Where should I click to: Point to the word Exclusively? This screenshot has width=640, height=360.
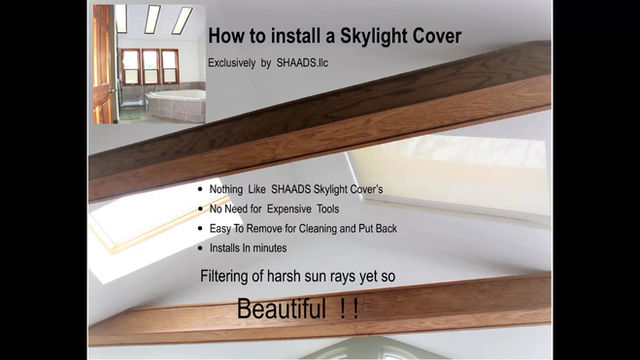pos(233,63)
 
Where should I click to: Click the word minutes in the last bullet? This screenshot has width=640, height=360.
pos(268,247)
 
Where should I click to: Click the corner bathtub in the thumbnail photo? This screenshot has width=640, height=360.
pos(177,101)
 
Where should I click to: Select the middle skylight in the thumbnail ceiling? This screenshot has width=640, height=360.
pos(152,19)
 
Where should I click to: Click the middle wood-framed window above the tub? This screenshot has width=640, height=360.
pos(150,66)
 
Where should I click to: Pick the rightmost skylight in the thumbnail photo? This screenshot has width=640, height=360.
pos(182,20)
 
